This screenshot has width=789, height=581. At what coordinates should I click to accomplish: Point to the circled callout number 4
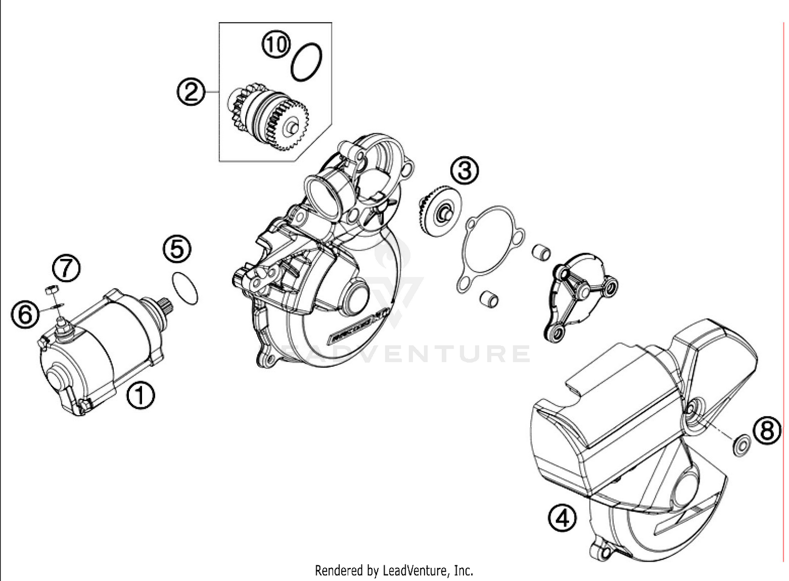click(x=562, y=518)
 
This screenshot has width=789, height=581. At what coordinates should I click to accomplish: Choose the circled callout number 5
click(x=177, y=248)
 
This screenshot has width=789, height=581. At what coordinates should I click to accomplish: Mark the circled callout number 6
click(x=25, y=315)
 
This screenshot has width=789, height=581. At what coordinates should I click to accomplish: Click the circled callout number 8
click(x=767, y=431)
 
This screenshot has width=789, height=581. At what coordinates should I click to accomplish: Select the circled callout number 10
click(x=277, y=45)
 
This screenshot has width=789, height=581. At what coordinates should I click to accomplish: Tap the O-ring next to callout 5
click(x=185, y=288)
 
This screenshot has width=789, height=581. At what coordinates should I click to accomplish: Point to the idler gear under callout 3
click(x=440, y=211)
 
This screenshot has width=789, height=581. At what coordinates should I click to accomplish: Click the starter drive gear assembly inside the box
click(x=268, y=116)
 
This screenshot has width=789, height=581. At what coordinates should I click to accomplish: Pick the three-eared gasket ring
click(x=489, y=247)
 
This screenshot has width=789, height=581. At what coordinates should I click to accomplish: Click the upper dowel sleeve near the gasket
click(x=541, y=252)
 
